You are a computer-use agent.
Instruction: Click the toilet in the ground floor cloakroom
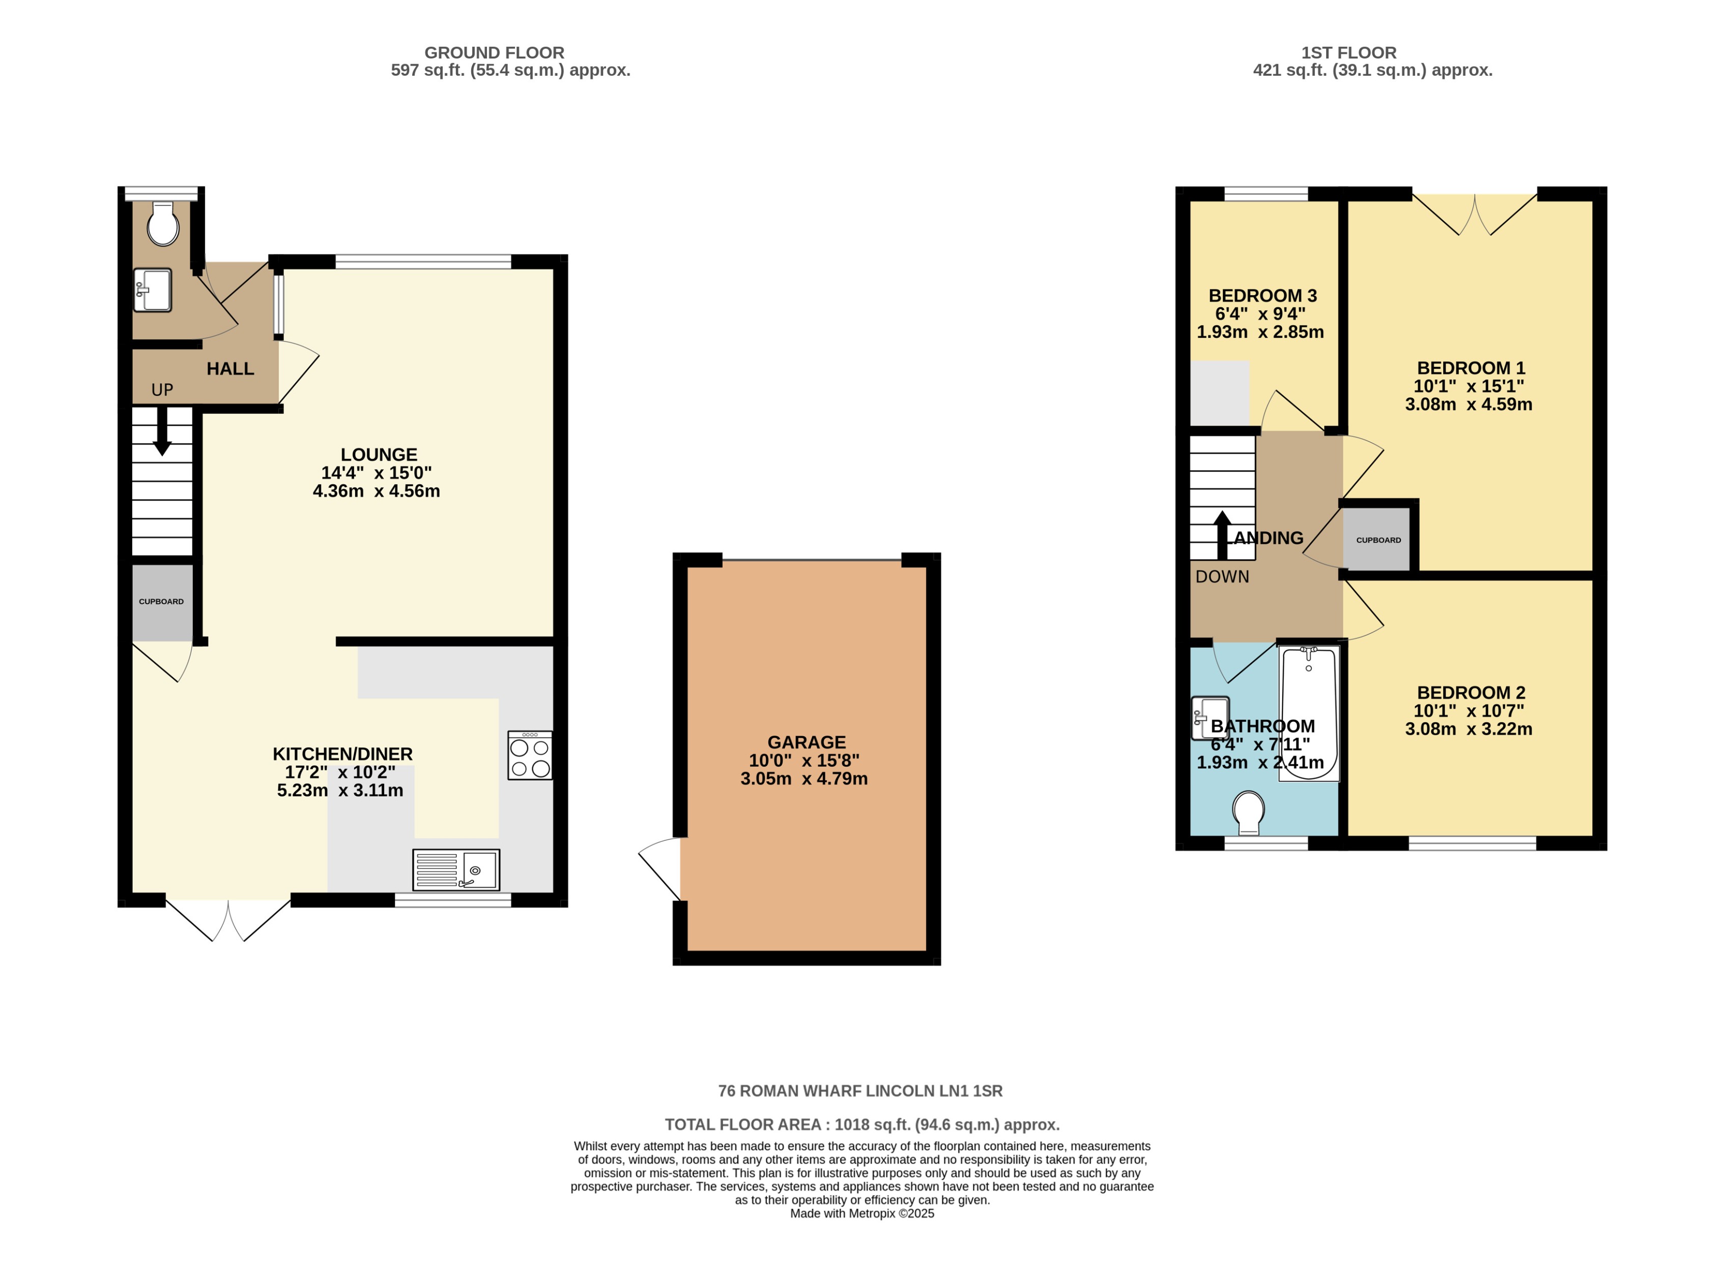(163, 224)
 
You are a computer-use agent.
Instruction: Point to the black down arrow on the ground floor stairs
(162, 431)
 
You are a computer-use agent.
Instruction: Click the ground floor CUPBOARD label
(161, 601)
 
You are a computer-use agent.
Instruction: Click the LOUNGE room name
(379, 455)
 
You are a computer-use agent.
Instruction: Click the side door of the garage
(659, 868)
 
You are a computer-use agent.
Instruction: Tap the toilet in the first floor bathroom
(1249, 812)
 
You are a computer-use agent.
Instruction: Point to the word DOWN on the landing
(1222, 576)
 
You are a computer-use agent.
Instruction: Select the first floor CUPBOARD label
(1378, 540)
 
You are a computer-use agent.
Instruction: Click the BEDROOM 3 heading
(1262, 296)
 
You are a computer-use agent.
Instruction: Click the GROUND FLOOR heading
(494, 53)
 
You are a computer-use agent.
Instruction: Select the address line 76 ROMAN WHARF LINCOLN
(860, 1091)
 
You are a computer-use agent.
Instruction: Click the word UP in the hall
(162, 390)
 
